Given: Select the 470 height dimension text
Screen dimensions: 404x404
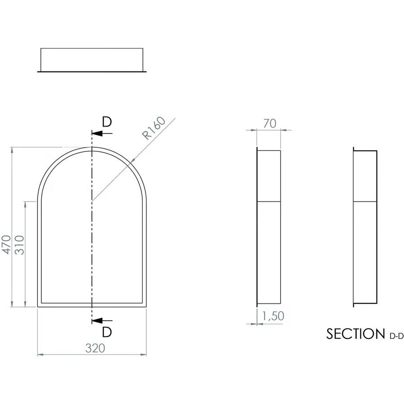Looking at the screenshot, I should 5,245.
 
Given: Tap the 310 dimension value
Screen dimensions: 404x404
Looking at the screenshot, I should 19,245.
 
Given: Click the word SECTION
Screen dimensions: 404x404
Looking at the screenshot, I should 353,334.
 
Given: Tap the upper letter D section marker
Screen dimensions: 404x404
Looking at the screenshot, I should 106,122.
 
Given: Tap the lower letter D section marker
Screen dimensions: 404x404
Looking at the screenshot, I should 106,332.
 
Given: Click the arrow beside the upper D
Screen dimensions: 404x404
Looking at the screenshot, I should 97,133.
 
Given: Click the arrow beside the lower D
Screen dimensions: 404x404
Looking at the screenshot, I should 97,321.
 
